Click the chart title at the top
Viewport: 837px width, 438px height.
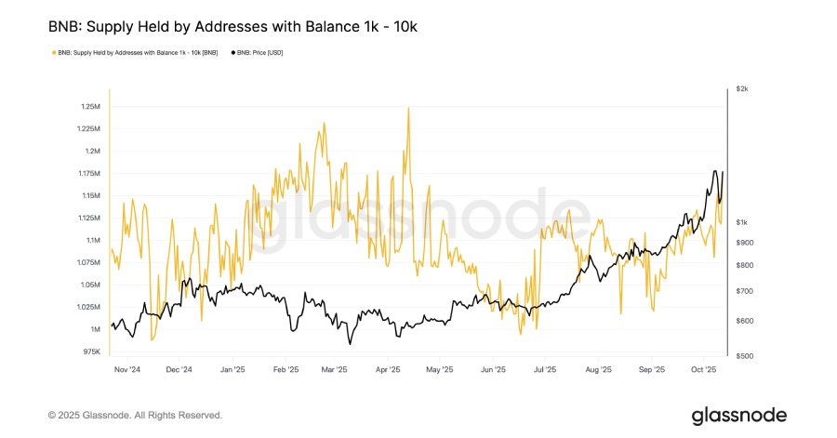tap(232, 27)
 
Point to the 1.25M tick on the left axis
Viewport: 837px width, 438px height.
tap(89, 106)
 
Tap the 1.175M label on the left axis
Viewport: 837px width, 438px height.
tap(87, 174)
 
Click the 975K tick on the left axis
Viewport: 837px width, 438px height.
tap(90, 352)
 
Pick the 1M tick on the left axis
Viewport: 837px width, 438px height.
tap(95, 329)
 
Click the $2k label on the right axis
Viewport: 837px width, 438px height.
tap(741, 88)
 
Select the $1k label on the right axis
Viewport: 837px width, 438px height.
tap(741, 222)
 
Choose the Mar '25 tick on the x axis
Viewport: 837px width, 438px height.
tap(333, 369)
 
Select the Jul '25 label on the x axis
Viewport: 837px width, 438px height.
tap(545, 369)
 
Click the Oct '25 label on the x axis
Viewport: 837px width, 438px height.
tap(703, 369)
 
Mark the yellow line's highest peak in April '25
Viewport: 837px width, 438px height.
tap(407, 108)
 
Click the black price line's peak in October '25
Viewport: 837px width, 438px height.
tap(714, 171)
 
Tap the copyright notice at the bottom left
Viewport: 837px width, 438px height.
tap(135, 415)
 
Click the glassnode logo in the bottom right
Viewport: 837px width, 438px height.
tap(738, 415)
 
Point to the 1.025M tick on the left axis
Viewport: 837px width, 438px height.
tap(87, 307)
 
